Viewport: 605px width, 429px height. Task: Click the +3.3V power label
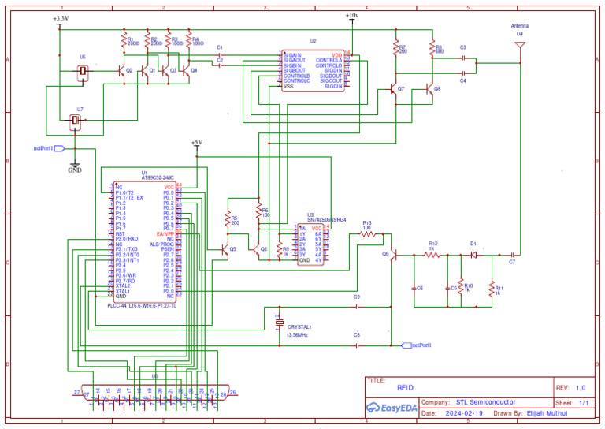[60, 18]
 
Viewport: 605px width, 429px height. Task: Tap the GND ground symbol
[75, 169]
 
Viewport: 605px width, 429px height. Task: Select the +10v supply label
[351, 16]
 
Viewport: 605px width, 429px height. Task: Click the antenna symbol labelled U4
[520, 46]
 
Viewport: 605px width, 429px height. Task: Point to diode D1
[473, 255]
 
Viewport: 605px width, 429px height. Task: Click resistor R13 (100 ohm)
[367, 233]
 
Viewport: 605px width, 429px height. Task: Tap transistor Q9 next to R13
[392, 255]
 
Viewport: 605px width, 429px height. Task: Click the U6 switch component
[84, 72]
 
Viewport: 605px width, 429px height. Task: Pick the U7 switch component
[76, 121]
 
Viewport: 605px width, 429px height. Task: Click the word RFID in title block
[405, 387]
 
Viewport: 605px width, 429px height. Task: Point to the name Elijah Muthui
[547, 413]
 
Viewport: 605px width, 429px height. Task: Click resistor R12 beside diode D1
[432, 255]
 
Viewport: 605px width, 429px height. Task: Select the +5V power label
[197, 142]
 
